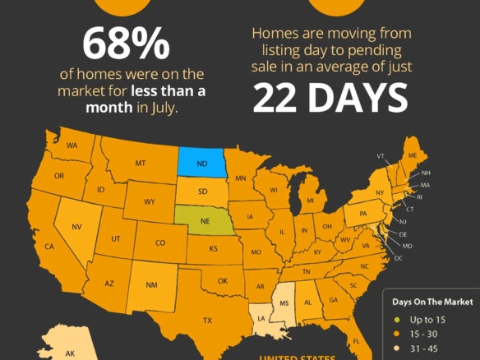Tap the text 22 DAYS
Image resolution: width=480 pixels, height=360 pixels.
[330, 97]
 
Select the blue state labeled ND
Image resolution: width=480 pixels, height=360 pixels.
[201, 162]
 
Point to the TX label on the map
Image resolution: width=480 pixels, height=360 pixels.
[208, 321]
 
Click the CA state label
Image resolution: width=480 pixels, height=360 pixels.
[49, 247]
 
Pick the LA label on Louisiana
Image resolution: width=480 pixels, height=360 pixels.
[262, 317]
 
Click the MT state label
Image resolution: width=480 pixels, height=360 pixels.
[140, 164]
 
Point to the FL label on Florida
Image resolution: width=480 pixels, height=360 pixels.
[357, 340]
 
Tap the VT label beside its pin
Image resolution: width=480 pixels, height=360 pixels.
[381, 155]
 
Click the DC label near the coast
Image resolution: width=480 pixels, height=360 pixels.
[399, 258]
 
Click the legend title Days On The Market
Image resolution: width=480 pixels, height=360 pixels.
[429, 301]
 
